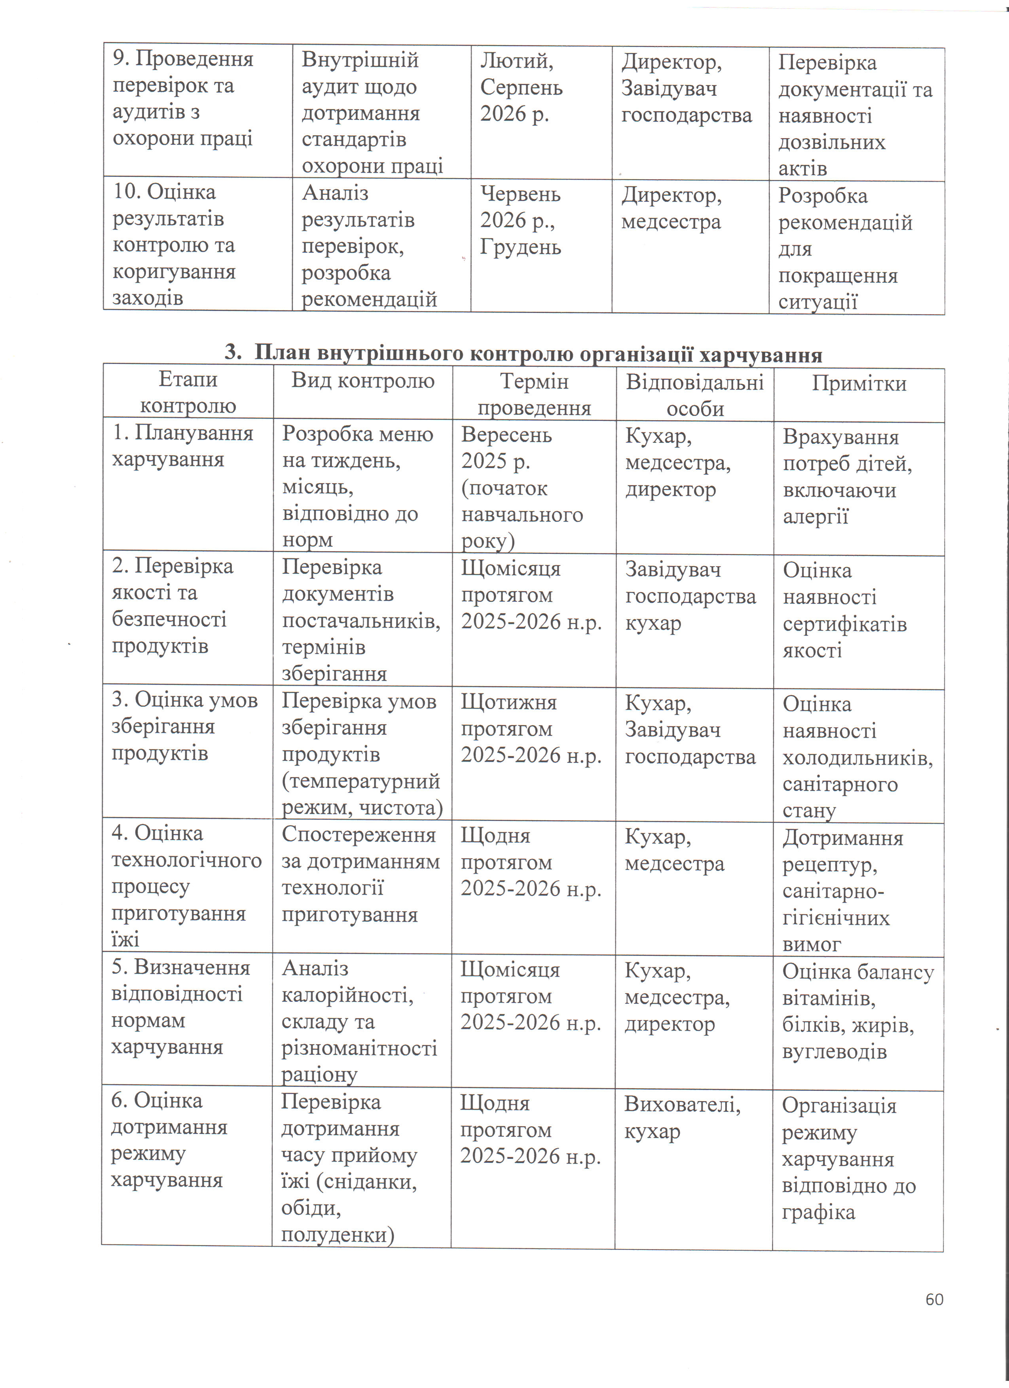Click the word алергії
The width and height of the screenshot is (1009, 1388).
click(x=815, y=516)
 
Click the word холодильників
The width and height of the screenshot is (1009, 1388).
click(x=857, y=758)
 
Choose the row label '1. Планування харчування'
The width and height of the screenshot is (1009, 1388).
click(x=182, y=446)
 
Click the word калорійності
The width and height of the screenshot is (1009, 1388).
click(x=347, y=996)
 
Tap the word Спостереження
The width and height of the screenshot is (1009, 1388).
click(x=358, y=835)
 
